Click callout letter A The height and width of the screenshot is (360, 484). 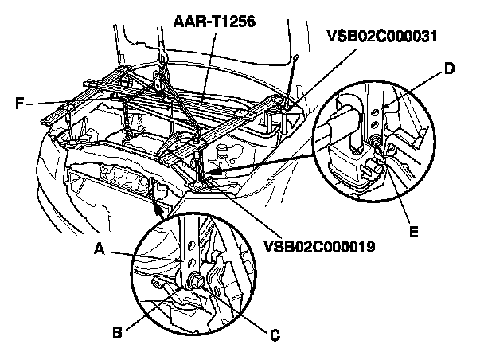[100, 248]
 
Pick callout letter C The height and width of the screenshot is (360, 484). [275, 335]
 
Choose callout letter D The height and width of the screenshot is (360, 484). [449, 70]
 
